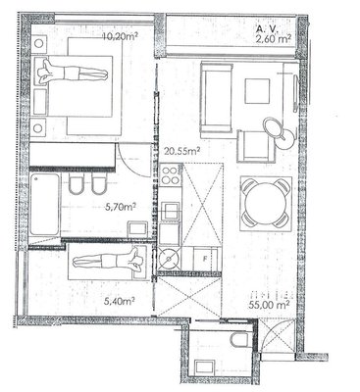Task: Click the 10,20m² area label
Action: [120, 36]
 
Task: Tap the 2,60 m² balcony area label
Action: [274, 39]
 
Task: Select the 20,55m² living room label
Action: [181, 151]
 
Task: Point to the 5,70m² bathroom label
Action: [121, 207]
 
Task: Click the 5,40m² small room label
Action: [120, 301]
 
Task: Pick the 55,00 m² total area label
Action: [269, 305]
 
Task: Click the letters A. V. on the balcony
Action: [267, 29]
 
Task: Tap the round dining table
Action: [266, 204]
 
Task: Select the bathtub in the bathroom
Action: [45, 205]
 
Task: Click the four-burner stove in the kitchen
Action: [171, 175]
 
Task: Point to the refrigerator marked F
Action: [206, 259]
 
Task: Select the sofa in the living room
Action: [216, 98]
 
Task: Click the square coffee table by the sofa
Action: [258, 91]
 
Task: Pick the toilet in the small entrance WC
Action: [241, 340]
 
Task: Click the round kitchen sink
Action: [169, 259]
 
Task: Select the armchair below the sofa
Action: [255, 146]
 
